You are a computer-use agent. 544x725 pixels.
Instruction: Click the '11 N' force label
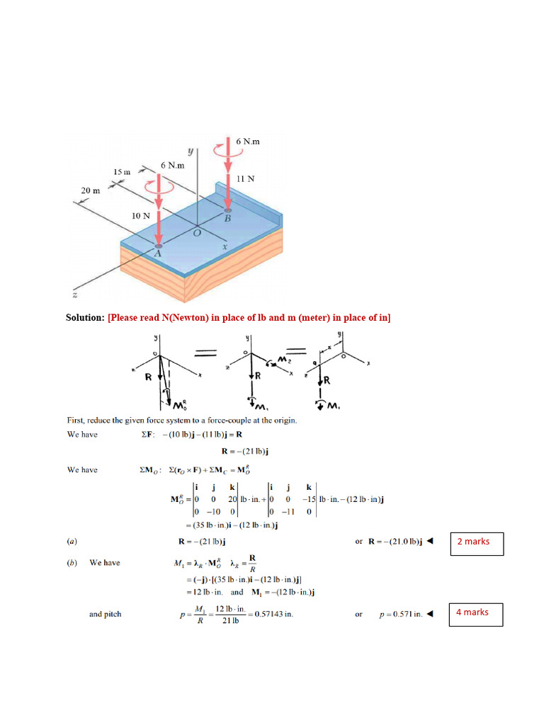tap(245, 179)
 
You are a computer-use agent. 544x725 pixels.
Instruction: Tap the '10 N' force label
tap(141, 215)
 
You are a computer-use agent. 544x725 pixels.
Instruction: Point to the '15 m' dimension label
tap(123, 171)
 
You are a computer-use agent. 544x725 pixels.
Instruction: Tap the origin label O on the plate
tap(198, 232)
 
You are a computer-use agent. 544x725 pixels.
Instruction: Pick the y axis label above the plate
tap(190, 151)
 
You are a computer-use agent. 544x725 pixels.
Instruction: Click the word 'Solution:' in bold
tap(85, 318)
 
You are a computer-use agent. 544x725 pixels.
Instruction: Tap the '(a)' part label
tap(72, 542)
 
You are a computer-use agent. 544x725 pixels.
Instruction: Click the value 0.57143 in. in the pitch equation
tap(272, 614)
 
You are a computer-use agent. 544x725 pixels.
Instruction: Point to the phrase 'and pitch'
tap(105, 614)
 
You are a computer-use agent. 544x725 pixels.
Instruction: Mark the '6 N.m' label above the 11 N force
tap(248, 142)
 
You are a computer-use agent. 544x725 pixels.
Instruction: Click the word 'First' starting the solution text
tap(76, 420)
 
